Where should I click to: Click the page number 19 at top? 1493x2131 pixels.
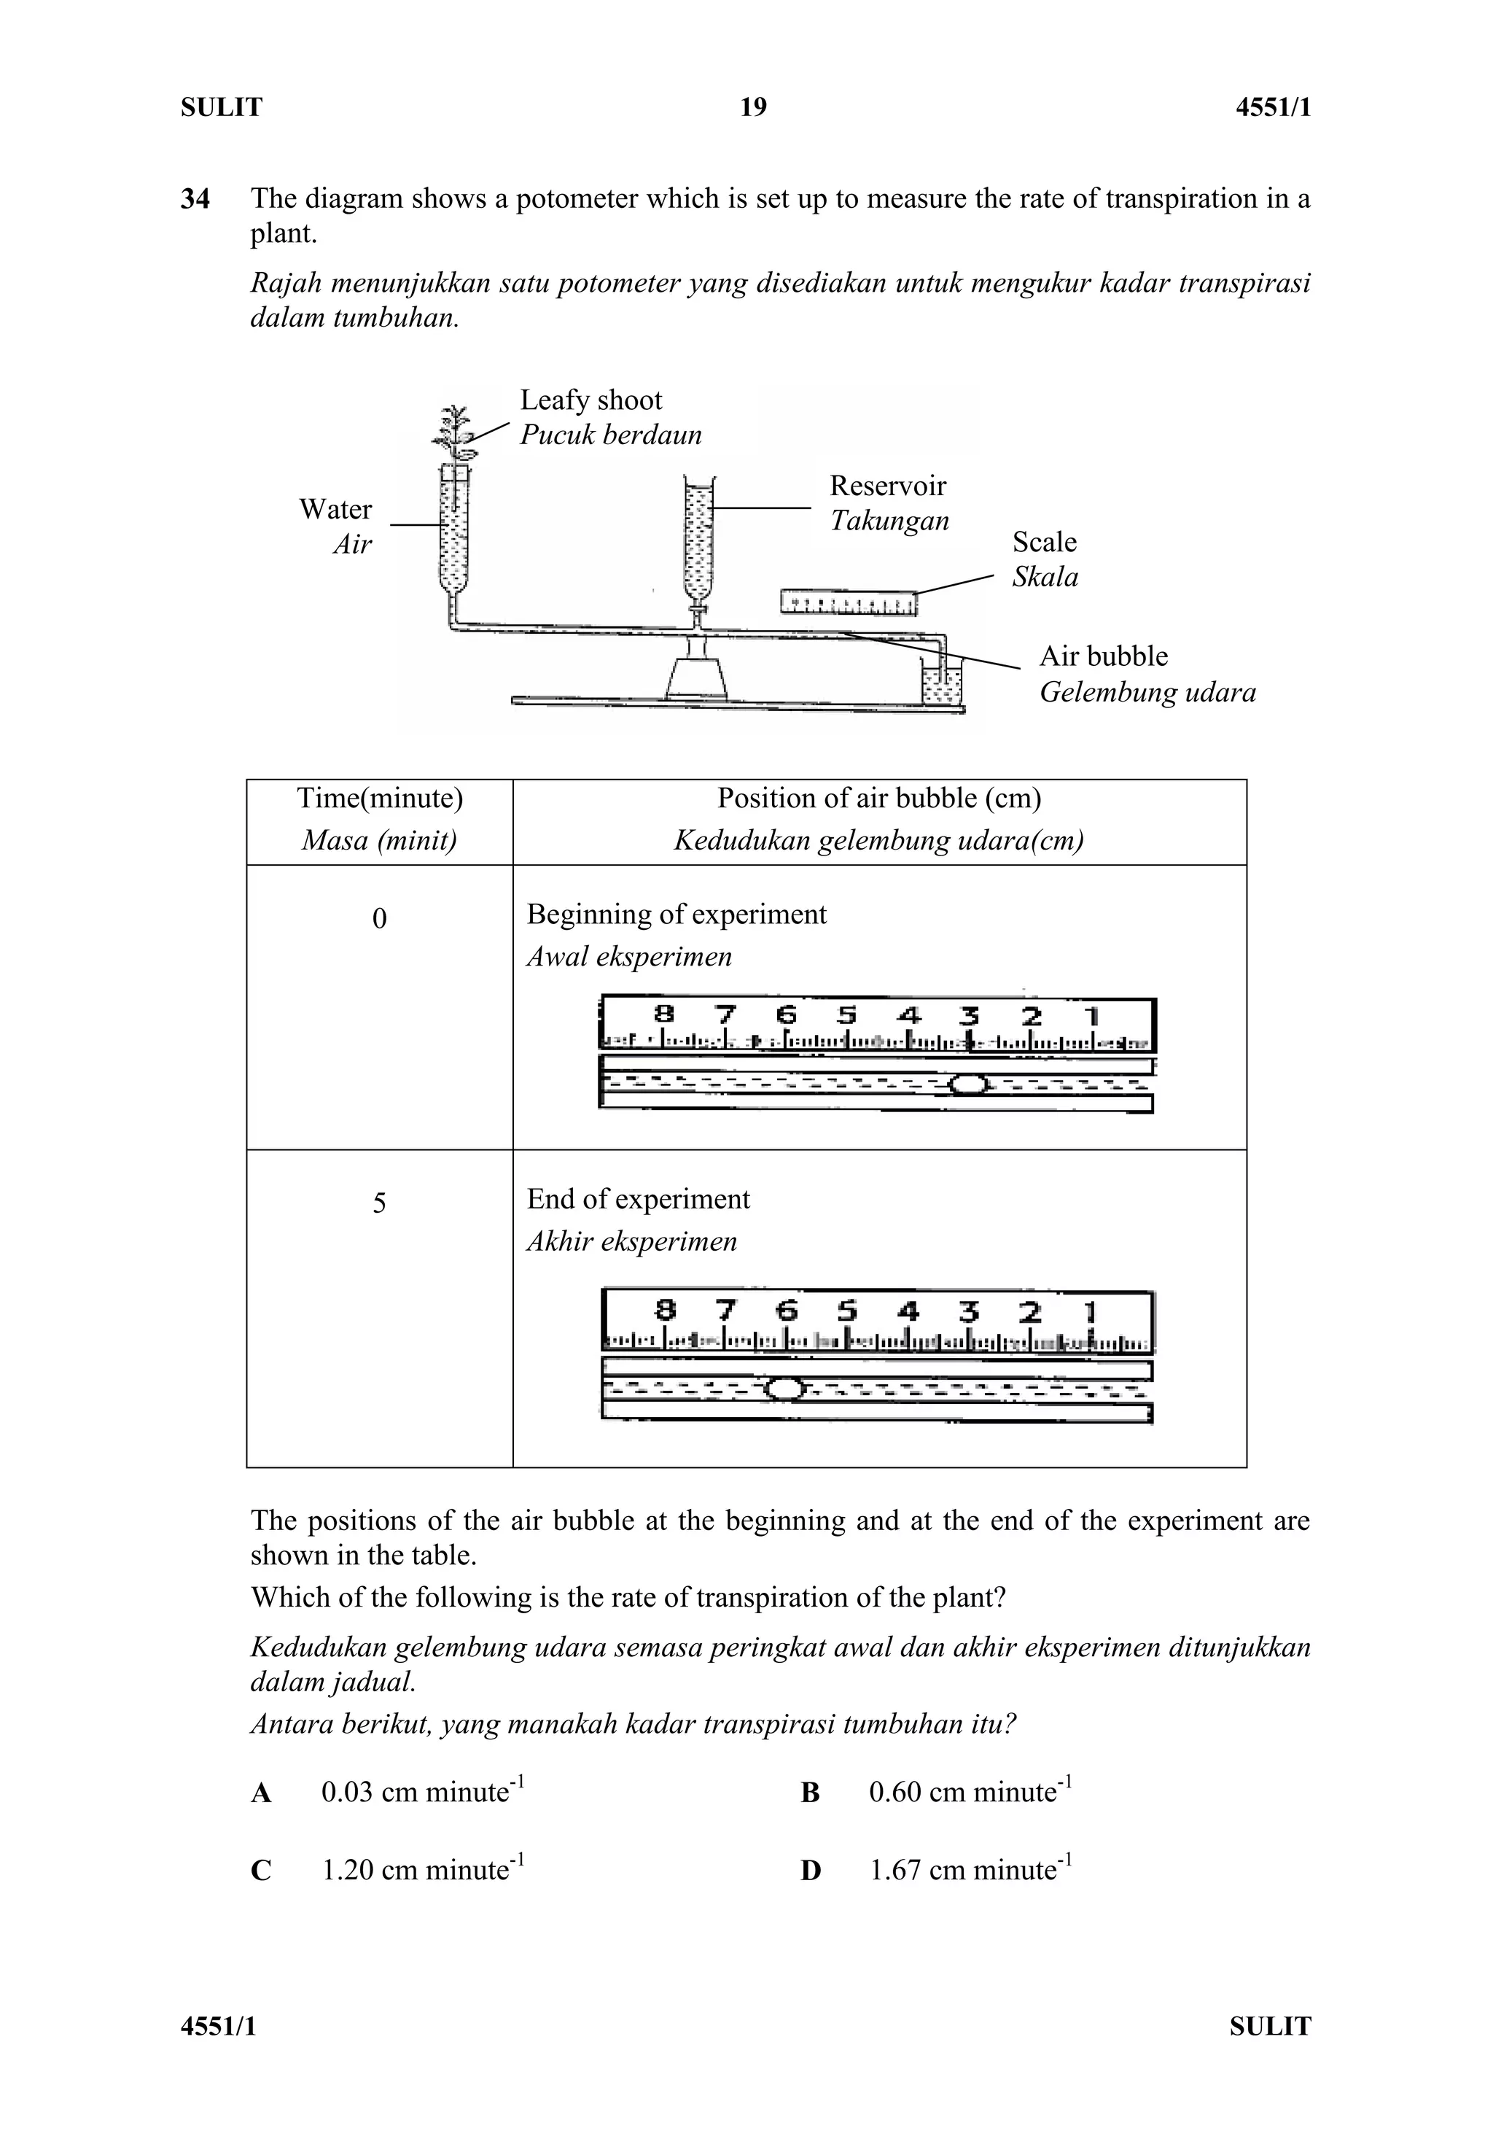tap(752, 108)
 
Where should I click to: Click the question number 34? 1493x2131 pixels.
tap(195, 198)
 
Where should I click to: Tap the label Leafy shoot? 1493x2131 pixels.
tap(590, 400)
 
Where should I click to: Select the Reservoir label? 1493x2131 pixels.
tap(887, 486)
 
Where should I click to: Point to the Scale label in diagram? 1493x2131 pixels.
tap(1044, 542)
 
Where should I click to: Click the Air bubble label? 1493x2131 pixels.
tap(1102, 656)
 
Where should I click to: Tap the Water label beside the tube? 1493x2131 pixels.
tap(335, 508)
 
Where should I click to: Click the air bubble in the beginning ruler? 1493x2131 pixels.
tap(968, 1084)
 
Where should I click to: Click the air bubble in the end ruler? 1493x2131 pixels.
tap(785, 1389)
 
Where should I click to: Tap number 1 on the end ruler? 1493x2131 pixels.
tap(1091, 1311)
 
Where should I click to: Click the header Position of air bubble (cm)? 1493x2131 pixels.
tap(878, 798)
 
